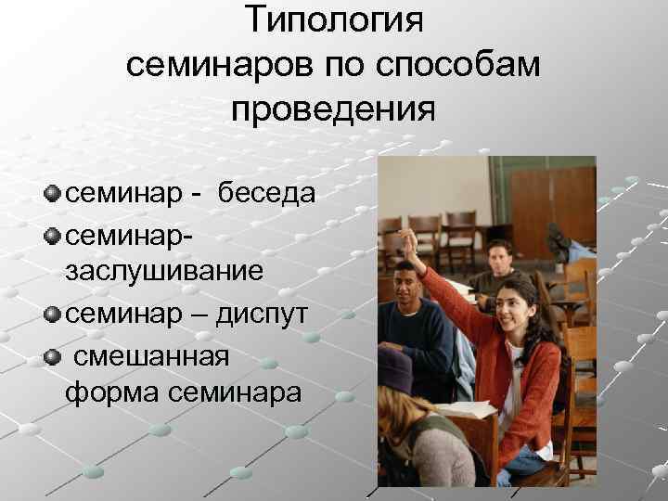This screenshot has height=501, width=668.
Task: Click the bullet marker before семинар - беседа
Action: tap(53, 193)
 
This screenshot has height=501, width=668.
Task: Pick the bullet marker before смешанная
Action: tap(53, 353)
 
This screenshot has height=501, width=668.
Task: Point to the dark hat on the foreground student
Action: tap(395, 366)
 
